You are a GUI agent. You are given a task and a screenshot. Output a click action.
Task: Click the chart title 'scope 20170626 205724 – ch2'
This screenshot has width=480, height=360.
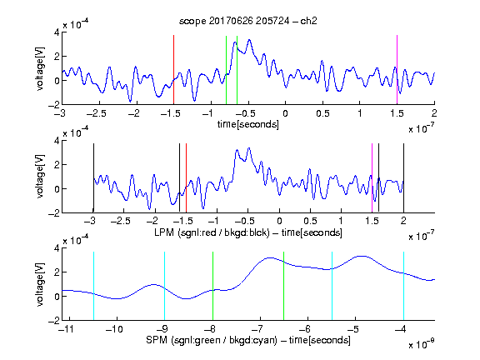click(x=248, y=21)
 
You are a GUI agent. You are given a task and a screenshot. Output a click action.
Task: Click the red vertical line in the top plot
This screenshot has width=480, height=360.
click(x=173, y=70)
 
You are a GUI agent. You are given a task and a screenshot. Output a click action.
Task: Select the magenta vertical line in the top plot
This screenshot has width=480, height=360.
click(x=397, y=70)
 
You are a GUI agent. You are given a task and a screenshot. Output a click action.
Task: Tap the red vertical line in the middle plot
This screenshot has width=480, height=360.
click(x=186, y=177)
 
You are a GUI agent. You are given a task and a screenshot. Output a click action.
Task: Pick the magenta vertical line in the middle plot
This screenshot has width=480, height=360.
click(x=372, y=177)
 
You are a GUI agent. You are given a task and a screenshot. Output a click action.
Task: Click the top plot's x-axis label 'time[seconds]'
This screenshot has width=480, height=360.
click(x=248, y=124)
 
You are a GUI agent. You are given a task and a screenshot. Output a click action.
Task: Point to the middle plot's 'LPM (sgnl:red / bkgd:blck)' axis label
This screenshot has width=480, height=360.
click(x=212, y=232)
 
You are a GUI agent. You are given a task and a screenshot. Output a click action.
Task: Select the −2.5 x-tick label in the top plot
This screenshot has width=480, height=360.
click(x=97, y=113)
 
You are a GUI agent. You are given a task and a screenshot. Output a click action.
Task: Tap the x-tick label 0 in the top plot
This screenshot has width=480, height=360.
click(x=285, y=113)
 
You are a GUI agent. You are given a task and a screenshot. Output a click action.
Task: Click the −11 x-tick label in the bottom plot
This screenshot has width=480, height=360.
click(x=66, y=329)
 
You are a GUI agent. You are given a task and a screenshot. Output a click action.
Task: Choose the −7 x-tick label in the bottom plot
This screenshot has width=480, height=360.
click(x=257, y=329)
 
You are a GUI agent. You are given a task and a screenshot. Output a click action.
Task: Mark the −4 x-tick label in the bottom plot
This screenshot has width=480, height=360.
click(x=401, y=329)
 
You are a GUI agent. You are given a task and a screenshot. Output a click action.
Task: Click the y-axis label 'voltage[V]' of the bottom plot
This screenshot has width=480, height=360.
click(x=40, y=284)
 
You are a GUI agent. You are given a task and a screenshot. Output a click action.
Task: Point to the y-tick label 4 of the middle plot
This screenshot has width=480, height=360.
click(x=57, y=141)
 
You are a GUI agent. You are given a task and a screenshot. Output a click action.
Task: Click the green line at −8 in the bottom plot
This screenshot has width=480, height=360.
click(x=212, y=286)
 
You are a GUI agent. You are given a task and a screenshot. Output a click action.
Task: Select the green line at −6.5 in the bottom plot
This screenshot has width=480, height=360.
click(x=284, y=286)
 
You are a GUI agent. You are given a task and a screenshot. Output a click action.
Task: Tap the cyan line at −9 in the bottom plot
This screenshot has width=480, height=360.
click(x=164, y=286)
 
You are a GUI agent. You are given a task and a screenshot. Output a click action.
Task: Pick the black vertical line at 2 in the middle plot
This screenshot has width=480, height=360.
click(x=404, y=177)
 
